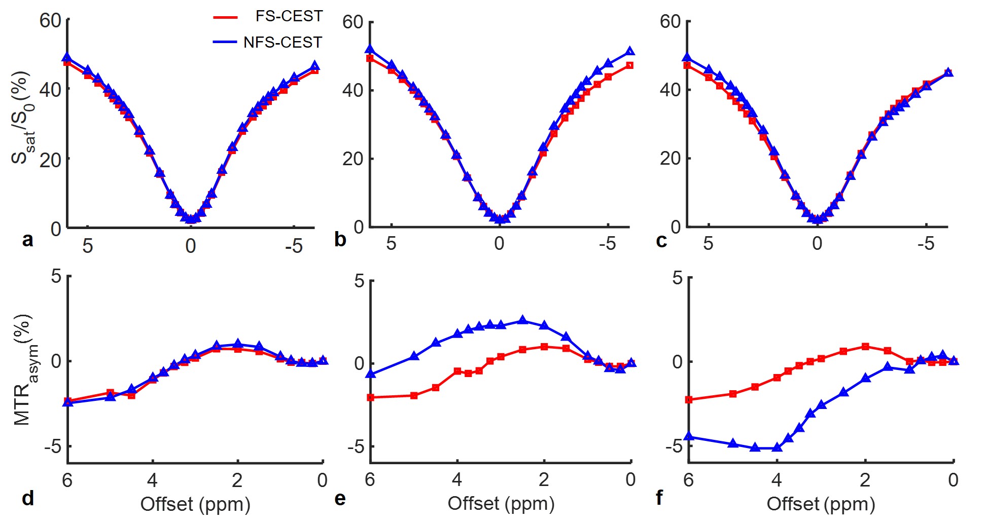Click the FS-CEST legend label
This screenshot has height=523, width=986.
(289, 16)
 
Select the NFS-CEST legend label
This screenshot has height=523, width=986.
(283, 42)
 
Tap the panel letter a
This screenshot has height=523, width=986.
(28, 240)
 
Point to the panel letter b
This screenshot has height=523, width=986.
(340, 239)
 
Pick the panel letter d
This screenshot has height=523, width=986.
(28, 499)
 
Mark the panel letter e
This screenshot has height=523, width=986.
(340, 499)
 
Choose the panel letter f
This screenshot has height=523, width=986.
(659, 498)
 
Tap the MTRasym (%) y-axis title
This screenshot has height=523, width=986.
(23, 370)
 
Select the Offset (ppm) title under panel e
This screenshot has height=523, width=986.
(501, 504)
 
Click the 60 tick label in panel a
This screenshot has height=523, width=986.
(50, 21)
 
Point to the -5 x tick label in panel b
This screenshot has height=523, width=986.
(607, 244)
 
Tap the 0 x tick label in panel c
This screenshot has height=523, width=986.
(817, 244)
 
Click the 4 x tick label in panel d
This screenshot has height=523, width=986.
(152, 480)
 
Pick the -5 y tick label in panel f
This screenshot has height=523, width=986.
(674, 446)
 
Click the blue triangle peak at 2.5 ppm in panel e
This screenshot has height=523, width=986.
(523, 320)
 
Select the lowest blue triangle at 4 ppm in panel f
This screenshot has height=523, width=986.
(777, 447)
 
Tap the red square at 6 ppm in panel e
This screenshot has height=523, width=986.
(370, 397)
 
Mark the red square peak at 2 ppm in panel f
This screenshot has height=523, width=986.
(865, 347)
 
